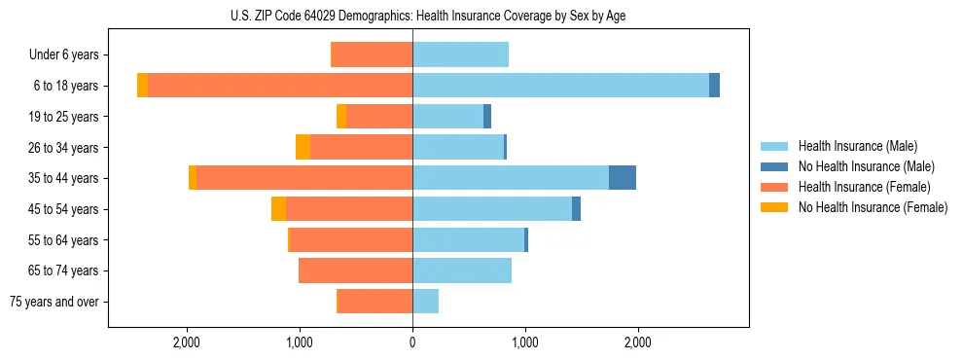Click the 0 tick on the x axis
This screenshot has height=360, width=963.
coord(412,342)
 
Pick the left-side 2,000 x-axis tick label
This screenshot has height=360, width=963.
coord(186,342)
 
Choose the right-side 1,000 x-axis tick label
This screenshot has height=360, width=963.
coord(525,342)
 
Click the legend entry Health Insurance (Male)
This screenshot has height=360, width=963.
coord(857,146)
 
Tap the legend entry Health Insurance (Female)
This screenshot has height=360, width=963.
coord(864,187)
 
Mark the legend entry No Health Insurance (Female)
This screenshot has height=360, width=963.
coord(873,207)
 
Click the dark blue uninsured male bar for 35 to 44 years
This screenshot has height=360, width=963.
coord(623,178)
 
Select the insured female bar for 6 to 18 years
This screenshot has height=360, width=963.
coord(280,86)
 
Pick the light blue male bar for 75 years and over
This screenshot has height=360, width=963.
coord(425,302)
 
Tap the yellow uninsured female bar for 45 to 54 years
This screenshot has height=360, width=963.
coord(279,209)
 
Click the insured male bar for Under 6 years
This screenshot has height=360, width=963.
coord(460,54)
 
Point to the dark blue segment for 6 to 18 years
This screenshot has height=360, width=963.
coord(714,86)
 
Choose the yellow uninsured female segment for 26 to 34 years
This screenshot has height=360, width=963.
coord(303,147)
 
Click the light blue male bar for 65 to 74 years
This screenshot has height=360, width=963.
coord(462,270)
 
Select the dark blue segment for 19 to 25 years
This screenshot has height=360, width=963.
coord(487,117)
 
